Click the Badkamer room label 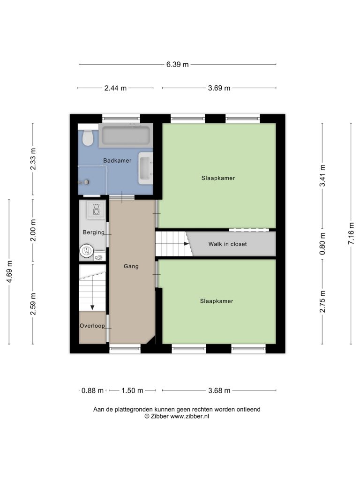117,160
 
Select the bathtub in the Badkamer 126,135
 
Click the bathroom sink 146,168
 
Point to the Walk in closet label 227,244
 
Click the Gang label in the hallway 131,266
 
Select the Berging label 94,232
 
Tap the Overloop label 92,326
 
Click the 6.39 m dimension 178,64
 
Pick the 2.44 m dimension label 115,88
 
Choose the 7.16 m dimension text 351,233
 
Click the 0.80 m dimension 322,244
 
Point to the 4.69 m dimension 9,272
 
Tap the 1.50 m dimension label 132,390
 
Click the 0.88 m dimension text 92,390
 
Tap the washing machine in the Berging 96,210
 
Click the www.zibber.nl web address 189,416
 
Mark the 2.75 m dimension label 322,301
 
